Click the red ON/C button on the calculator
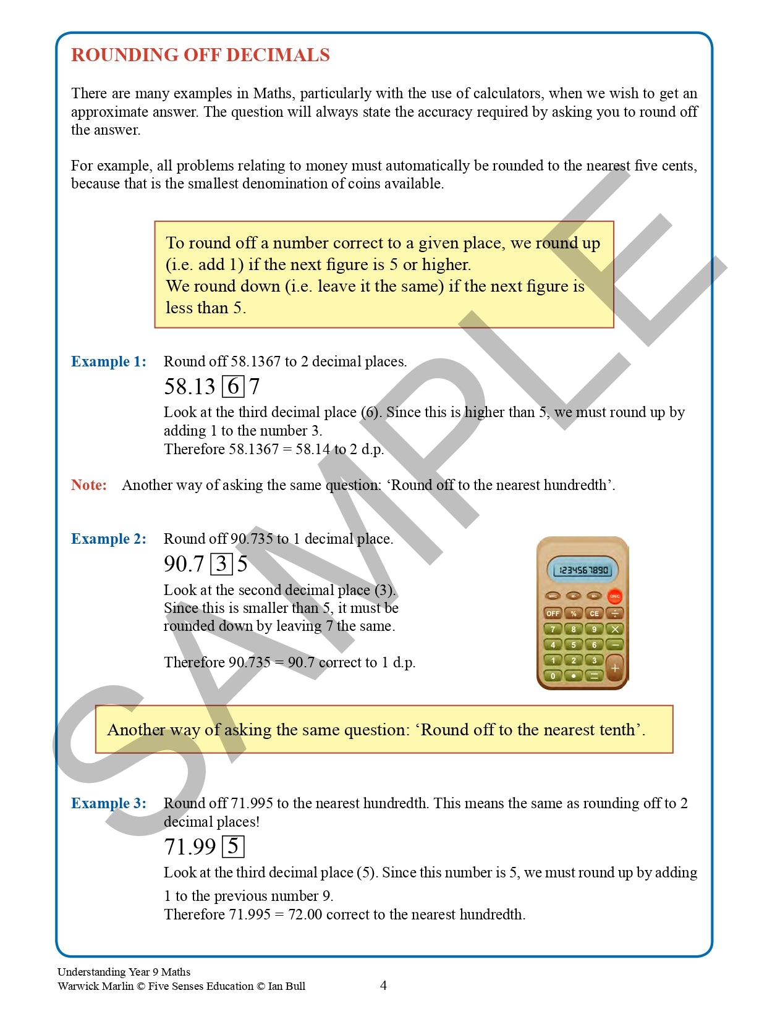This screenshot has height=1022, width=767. pyautogui.click(x=614, y=596)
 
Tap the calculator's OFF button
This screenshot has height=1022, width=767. pyautogui.click(x=553, y=614)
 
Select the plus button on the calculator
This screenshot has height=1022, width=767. pyautogui.click(x=614, y=668)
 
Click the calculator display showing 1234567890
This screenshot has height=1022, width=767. pyautogui.click(x=582, y=570)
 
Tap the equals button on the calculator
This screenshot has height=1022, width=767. pyautogui.click(x=594, y=676)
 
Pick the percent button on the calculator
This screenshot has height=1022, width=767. pyautogui.click(x=574, y=614)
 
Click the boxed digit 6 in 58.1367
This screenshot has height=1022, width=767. pyautogui.click(x=233, y=387)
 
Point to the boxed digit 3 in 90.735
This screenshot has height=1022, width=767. pyautogui.click(x=221, y=564)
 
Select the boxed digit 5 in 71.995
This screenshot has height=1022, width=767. pyautogui.click(x=233, y=847)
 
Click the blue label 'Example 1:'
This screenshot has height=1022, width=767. pyautogui.click(x=109, y=361)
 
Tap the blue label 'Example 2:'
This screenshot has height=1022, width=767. pyautogui.click(x=109, y=539)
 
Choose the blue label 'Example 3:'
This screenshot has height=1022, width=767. pyautogui.click(x=109, y=803)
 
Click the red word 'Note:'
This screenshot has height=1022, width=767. pyautogui.click(x=89, y=485)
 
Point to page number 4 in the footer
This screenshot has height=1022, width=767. pyautogui.click(x=383, y=986)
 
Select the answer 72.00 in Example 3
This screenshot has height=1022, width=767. pyautogui.click(x=305, y=914)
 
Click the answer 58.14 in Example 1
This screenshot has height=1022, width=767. pyautogui.click(x=312, y=449)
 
